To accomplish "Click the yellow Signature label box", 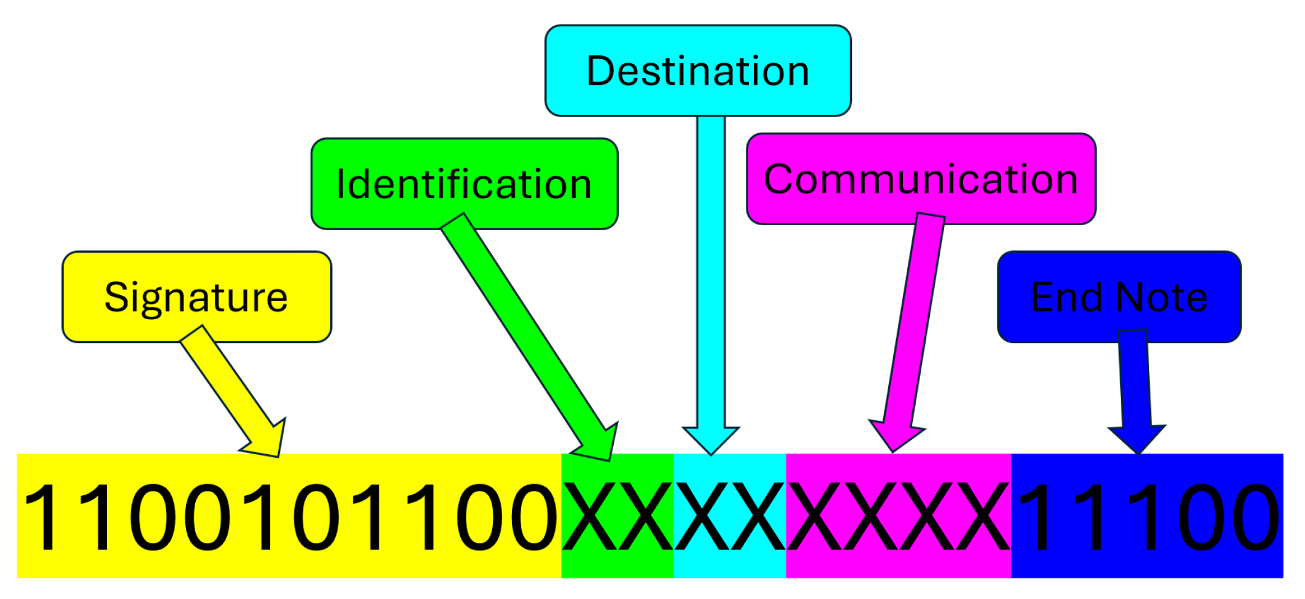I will click(x=196, y=297).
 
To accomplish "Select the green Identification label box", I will click(x=464, y=184).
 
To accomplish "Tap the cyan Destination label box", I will click(x=698, y=71).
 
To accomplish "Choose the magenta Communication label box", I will click(x=921, y=179).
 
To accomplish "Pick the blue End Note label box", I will click(x=1119, y=297).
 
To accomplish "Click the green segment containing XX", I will click(x=618, y=516).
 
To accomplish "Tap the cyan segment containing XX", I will click(x=730, y=516).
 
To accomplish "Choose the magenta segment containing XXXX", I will click(x=899, y=516).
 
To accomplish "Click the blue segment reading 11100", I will click(x=1147, y=516).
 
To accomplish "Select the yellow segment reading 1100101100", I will click(x=288, y=516).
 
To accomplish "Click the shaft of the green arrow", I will click(x=522, y=331).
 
